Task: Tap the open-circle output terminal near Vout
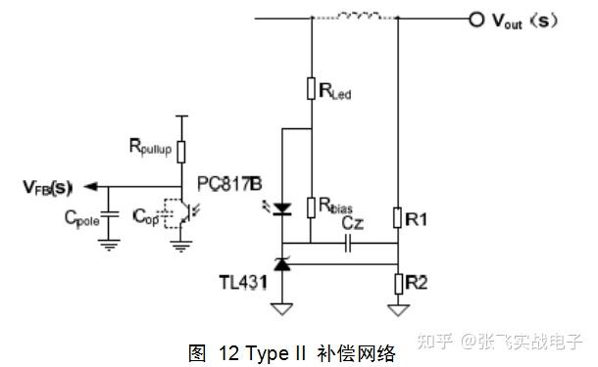coord(475,18)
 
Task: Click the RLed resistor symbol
coord(310,91)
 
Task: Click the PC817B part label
coord(229,183)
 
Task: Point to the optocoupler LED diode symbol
coord(282,207)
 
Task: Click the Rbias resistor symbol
coord(310,206)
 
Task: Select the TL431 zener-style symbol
coord(282,261)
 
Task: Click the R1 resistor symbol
coord(397,217)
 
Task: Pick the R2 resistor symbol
coord(397,282)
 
